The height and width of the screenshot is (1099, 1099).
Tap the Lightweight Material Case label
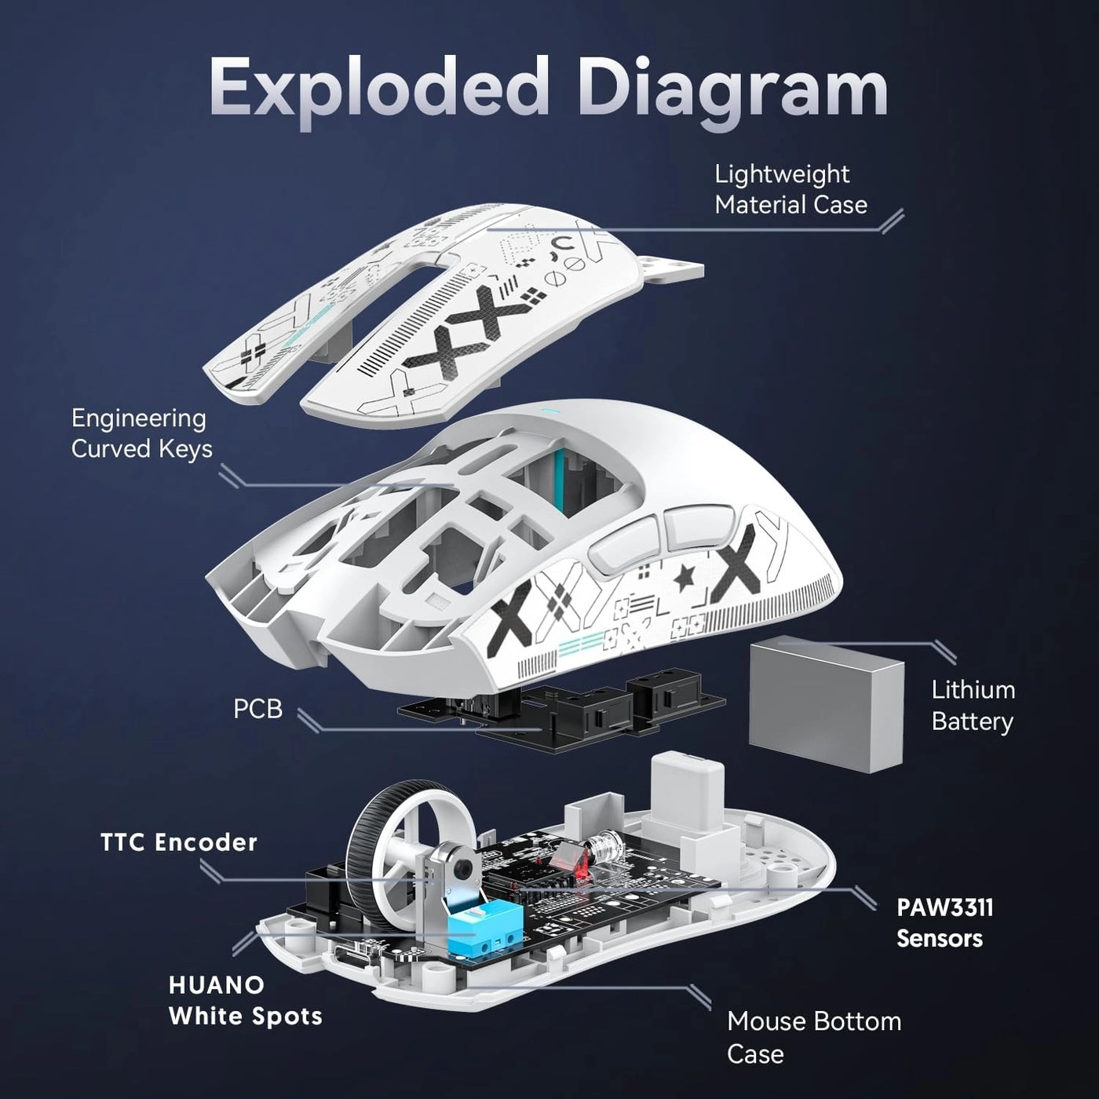pyautogui.click(x=790, y=189)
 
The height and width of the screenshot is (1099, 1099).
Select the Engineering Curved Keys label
pyautogui.click(x=141, y=433)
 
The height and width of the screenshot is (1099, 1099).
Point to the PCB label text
pyautogui.click(x=257, y=709)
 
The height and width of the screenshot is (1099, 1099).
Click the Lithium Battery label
pyautogui.click(x=972, y=705)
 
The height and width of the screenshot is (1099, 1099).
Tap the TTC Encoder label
pyautogui.click(x=179, y=842)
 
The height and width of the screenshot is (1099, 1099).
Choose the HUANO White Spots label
pyautogui.click(x=245, y=1000)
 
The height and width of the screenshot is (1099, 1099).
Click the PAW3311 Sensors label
pyautogui.click(x=944, y=922)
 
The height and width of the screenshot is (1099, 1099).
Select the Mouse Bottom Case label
pyautogui.click(x=813, y=1037)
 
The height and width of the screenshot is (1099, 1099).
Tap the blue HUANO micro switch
pyautogui.click(x=479, y=926)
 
